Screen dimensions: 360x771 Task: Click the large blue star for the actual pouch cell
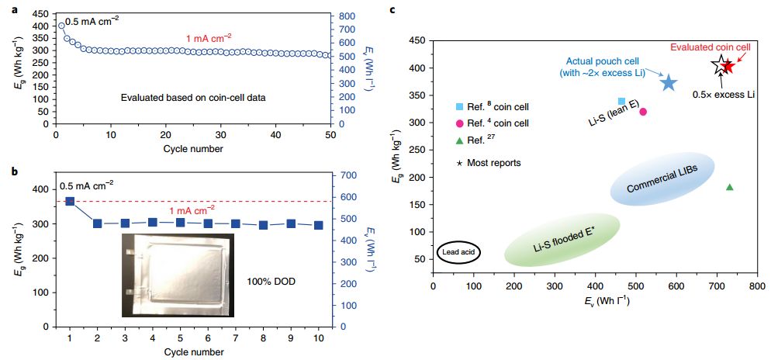point(669,82)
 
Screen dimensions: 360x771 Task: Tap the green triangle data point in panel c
point(729,187)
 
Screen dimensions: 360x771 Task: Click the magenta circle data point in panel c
point(643,112)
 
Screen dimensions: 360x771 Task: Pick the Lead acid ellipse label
point(460,252)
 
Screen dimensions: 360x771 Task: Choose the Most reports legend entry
point(489,163)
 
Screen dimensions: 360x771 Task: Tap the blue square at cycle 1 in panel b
point(70,201)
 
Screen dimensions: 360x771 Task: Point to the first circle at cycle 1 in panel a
point(61,26)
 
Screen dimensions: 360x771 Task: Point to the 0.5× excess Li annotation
point(725,94)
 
